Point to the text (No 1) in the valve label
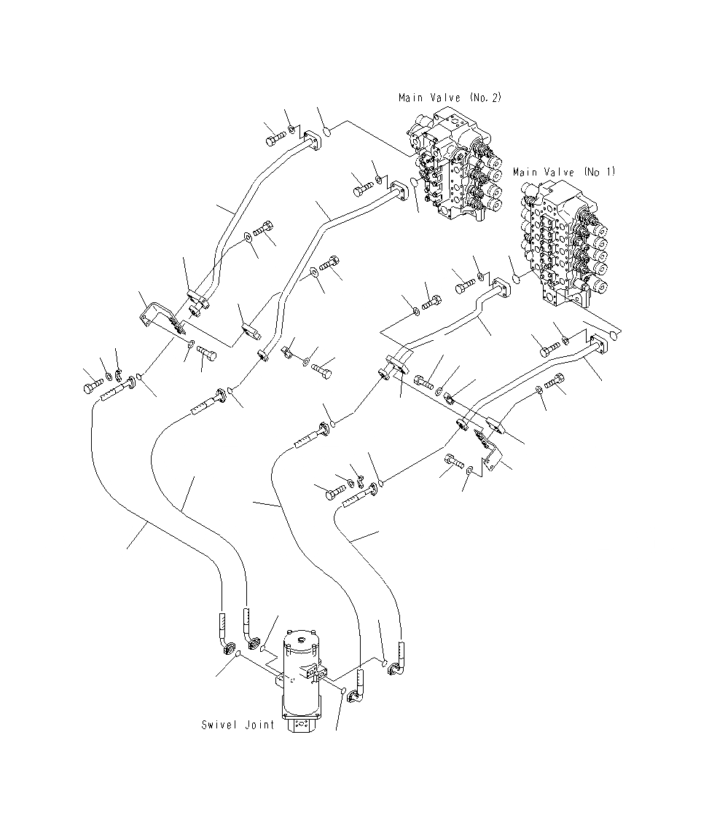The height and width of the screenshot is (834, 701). [x=600, y=173]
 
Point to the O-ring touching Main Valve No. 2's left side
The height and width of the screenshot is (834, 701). [x=414, y=182]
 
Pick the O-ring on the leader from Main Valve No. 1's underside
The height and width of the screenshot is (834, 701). [x=616, y=336]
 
